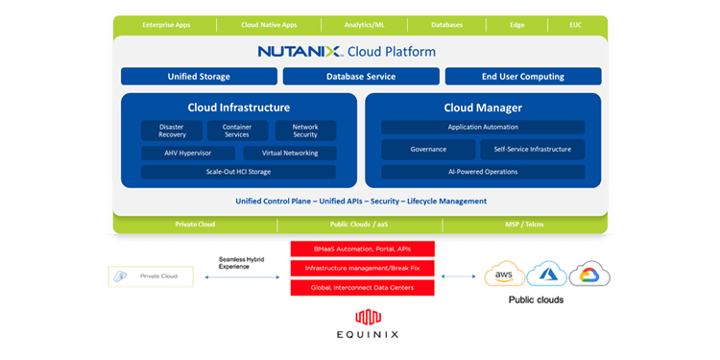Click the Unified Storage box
(199, 76)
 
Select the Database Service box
(361, 76)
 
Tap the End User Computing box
(523, 76)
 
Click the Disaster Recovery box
(172, 131)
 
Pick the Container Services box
(237, 131)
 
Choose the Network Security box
(305, 131)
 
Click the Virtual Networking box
(289, 153)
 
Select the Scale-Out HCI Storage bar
(238, 172)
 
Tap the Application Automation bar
(483, 127)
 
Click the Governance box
(428, 149)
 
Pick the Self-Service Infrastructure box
(532, 149)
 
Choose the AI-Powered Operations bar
(483, 172)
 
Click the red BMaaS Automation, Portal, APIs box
(363, 249)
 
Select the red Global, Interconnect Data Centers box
(363, 287)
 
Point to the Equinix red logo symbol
(363, 317)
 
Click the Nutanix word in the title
(295, 51)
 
